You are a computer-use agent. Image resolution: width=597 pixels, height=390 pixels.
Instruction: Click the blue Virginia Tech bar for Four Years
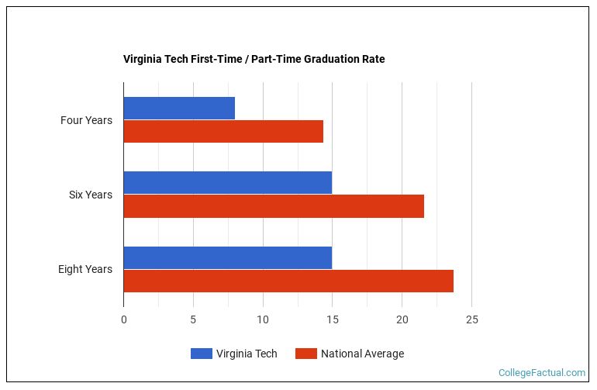[179, 109]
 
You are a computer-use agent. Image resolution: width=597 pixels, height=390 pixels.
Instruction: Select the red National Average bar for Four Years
[223, 132]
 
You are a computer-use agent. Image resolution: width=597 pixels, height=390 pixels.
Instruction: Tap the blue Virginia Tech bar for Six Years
[227, 183]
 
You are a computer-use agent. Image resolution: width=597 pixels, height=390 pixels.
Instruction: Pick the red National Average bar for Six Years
[274, 206]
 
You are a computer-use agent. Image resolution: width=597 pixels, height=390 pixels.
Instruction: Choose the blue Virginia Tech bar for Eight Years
[227, 257]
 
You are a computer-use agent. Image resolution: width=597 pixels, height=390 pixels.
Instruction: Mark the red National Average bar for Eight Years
[288, 281]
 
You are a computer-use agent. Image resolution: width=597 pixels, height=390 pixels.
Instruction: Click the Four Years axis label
[86, 120]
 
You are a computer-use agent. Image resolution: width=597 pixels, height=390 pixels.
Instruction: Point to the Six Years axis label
[90, 195]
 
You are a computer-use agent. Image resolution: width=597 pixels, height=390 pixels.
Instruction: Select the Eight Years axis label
[85, 269]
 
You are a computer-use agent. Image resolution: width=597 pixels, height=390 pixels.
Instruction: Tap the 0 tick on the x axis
[123, 319]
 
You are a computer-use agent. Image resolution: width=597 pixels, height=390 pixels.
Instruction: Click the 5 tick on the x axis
[193, 319]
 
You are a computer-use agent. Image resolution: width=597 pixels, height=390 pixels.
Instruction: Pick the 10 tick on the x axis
[263, 319]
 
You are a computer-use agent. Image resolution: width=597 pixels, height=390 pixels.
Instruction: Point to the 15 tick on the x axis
[332, 319]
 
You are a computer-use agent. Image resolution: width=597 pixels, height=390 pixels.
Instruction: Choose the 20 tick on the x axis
[402, 319]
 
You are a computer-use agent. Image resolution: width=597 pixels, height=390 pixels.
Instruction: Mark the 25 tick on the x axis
[471, 319]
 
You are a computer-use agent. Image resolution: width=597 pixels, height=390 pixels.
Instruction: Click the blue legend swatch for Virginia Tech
[201, 354]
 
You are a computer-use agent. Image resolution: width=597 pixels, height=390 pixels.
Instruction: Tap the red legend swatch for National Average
[306, 354]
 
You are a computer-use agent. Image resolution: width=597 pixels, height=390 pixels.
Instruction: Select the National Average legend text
[362, 354]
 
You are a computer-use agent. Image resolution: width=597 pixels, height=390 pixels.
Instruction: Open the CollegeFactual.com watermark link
[541, 373]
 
